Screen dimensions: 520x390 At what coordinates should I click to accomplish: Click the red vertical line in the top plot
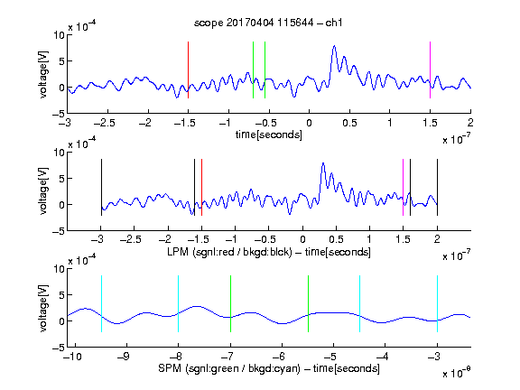(189, 70)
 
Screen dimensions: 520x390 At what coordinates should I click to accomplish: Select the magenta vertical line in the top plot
(430, 70)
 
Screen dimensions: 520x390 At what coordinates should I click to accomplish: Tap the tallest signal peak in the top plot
(334, 46)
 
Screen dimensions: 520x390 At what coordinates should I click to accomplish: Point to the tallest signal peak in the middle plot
(323, 163)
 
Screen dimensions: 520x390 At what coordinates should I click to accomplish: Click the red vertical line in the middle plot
(201, 188)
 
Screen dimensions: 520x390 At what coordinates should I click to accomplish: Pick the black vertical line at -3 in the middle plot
(101, 188)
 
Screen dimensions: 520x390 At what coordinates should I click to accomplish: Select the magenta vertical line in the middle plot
(404, 188)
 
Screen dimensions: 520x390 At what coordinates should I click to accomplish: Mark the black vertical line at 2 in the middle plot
(438, 188)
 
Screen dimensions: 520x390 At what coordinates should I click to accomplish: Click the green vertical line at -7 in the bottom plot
(230, 303)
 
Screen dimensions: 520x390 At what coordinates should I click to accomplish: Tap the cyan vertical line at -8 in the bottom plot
(179, 303)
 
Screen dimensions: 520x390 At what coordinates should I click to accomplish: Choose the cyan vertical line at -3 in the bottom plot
(438, 303)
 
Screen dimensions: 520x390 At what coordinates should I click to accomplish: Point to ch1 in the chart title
(333, 23)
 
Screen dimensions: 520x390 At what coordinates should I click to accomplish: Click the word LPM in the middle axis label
(178, 252)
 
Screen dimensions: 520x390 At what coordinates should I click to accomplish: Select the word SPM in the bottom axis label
(170, 368)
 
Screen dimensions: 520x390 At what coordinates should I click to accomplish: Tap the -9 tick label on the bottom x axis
(124, 357)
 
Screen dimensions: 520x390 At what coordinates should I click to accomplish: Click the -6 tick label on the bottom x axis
(279, 357)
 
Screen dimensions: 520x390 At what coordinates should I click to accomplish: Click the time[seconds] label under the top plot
(269, 135)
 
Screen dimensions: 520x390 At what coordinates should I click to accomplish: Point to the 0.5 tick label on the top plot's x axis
(349, 123)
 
